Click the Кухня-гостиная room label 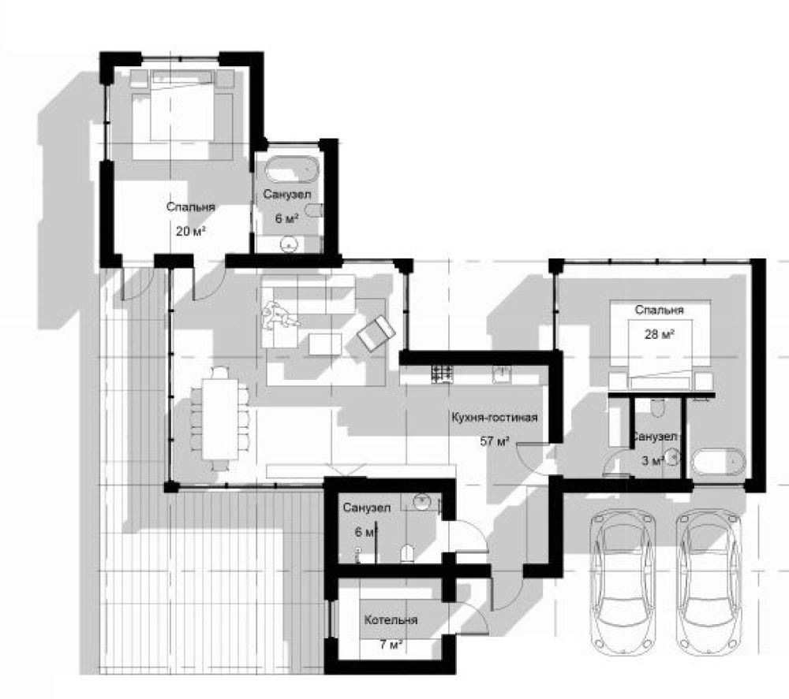(x=495, y=418)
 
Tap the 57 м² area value (x=495, y=442)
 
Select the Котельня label (x=391, y=619)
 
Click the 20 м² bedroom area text (x=191, y=231)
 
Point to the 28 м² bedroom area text (x=659, y=333)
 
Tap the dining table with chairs (x=220, y=418)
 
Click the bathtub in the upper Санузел (x=293, y=170)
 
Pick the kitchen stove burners (x=441, y=374)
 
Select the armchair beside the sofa (x=376, y=333)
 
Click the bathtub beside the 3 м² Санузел (x=718, y=461)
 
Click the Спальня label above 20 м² (x=191, y=207)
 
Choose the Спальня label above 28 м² (x=659, y=310)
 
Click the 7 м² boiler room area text (x=390, y=644)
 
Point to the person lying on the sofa (x=279, y=316)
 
